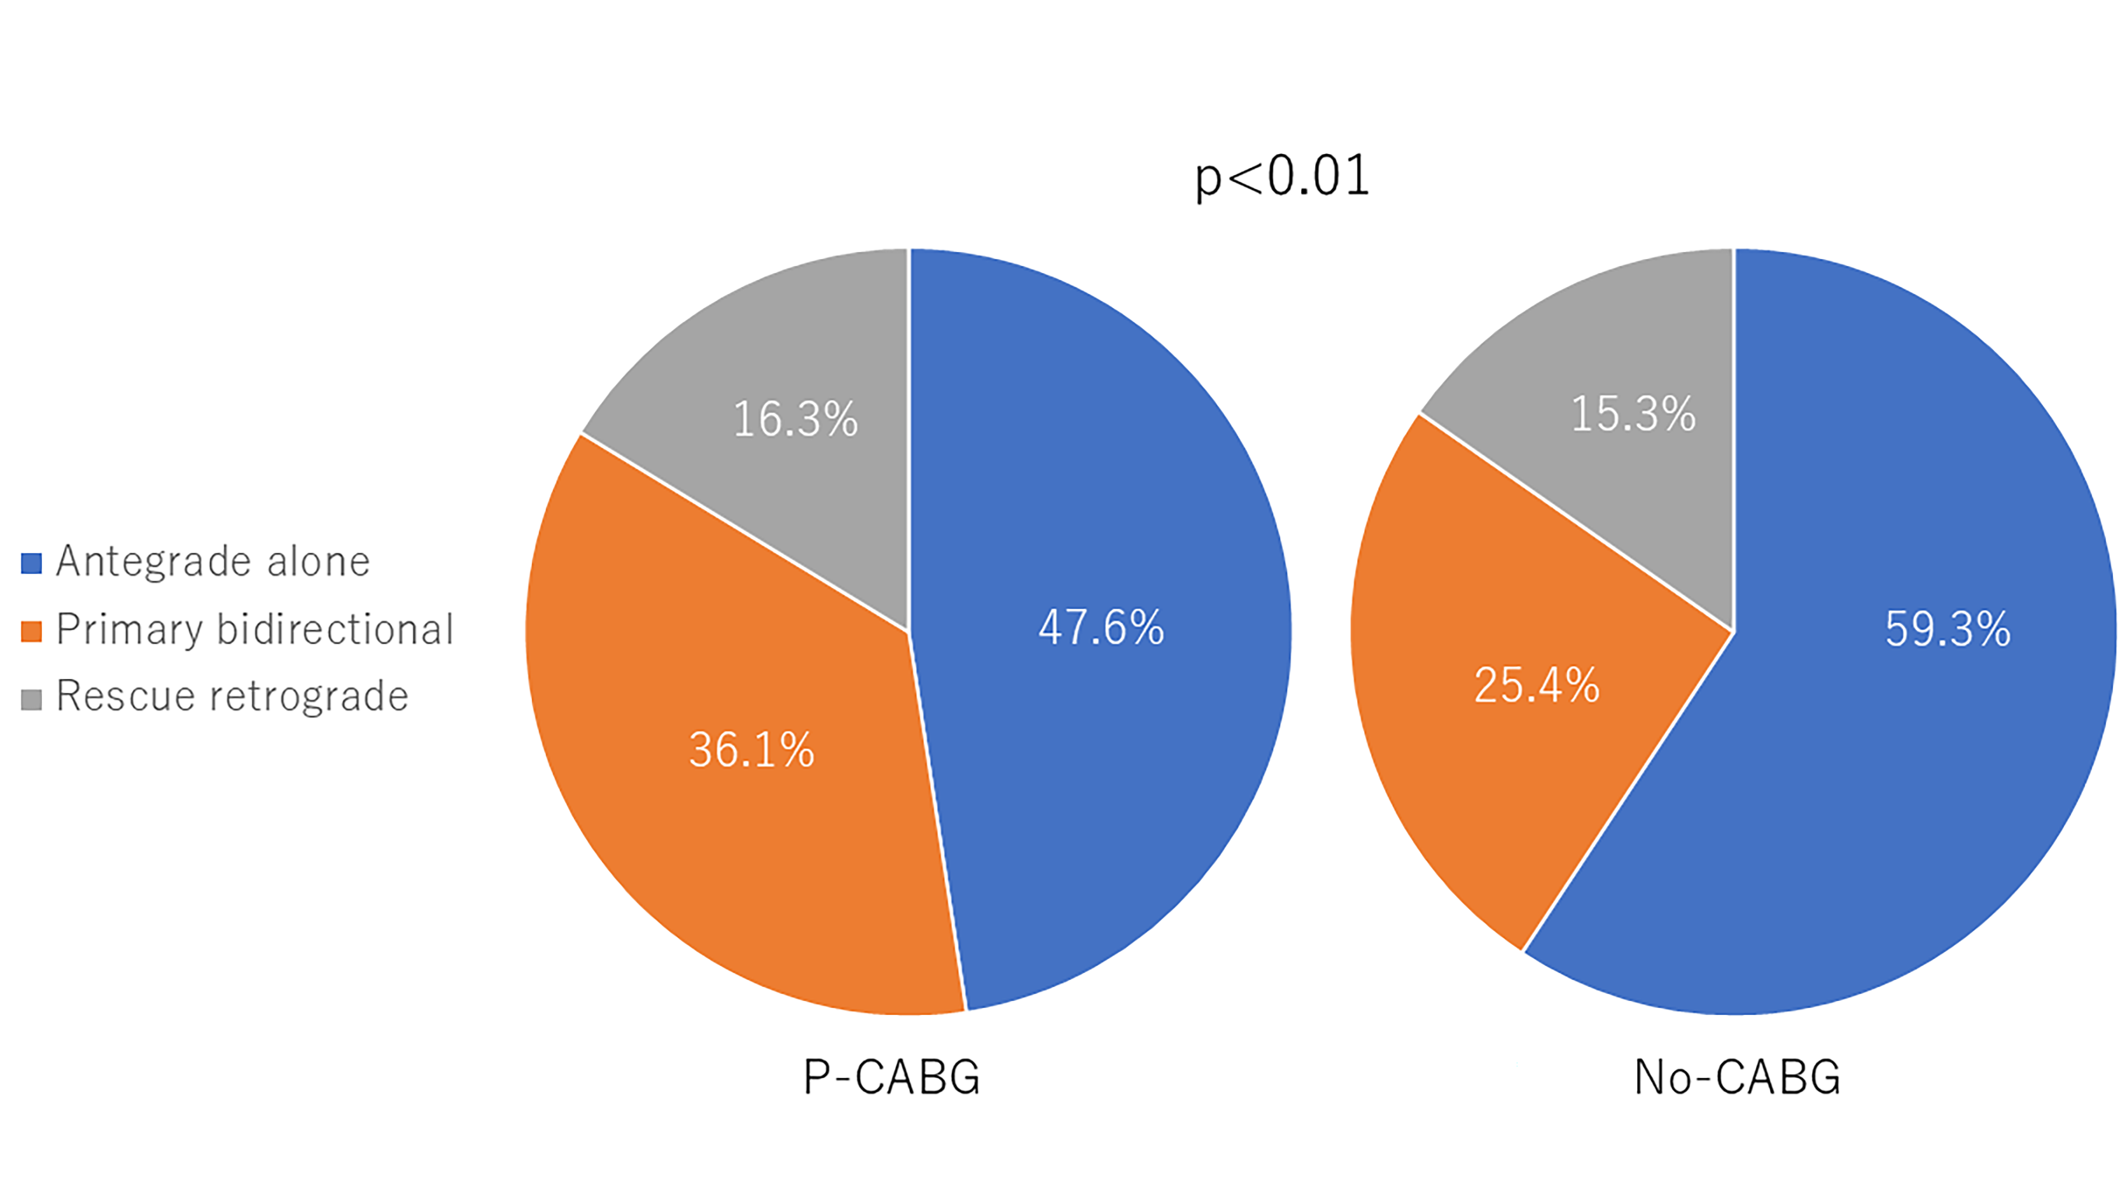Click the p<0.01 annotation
pyautogui.click(x=1281, y=176)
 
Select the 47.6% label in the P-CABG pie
pyautogui.click(x=1100, y=627)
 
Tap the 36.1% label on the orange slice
pyautogui.click(x=751, y=750)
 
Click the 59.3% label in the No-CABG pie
pyautogui.click(x=1947, y=629)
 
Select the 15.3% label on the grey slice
pyautogui.click(x=1632, y=413)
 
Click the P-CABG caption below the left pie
pyautogui.click(x=892, y=1077)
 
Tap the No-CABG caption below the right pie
pyautogui.click(x=1737, y=1077)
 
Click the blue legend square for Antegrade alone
pyautogui.click(x=31, y=563)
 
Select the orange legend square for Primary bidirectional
pyautogui.click(x=31, y=631)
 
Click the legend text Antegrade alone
pyautogui.click(x=213, y=562)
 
